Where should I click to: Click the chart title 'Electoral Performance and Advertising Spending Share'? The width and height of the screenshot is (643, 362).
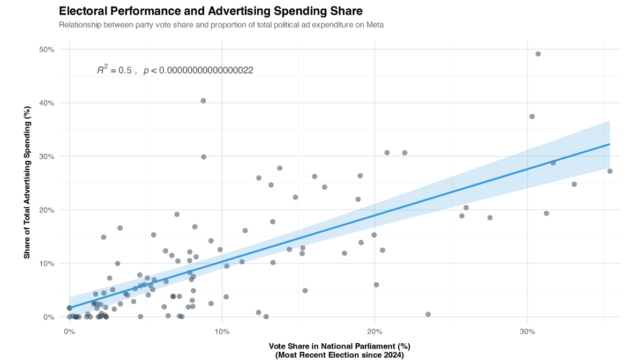[x=210, y=11]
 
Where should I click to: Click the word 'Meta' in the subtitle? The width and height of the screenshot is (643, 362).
[x=375, y=25]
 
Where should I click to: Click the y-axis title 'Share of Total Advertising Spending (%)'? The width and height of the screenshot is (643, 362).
[x=27, y=182]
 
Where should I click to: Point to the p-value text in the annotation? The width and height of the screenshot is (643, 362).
[x=198, y=70]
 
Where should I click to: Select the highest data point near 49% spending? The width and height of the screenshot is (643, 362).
[x=538, y=54]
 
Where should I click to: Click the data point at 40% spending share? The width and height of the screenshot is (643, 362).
[x=203, y=101]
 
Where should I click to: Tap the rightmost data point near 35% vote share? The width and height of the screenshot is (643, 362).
[x=610, y=171]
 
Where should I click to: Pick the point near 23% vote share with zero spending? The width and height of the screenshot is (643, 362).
[x=428, y=314]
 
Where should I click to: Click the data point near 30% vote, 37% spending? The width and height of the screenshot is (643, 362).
[x=532, y=116]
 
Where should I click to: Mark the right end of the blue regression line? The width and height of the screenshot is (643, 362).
[x=610, y=144]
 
